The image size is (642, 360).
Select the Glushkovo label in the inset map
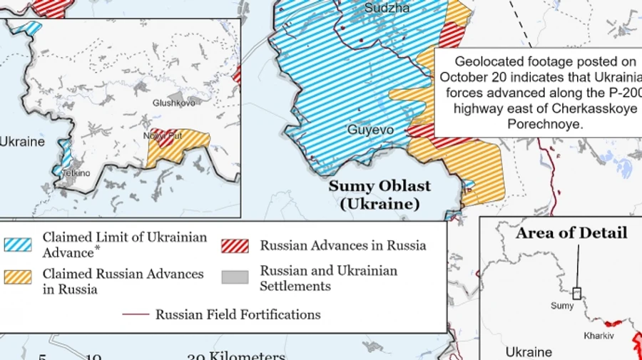[173, 103]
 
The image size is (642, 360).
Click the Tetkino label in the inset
[76, 173]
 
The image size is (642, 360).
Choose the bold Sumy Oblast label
[379, 187]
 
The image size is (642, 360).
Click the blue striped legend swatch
[18, 245]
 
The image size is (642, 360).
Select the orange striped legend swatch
[18, 277]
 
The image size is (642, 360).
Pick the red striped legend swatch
[235, 246]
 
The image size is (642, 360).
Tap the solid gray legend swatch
[235, 277]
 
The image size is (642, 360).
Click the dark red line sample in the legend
[136, 314]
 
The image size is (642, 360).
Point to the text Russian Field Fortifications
[238, 314]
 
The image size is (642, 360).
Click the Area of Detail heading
[571, 233]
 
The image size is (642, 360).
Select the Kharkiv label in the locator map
[598, 335]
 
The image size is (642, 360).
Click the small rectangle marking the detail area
[577, 292]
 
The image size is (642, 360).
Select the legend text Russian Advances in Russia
[342, 246]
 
